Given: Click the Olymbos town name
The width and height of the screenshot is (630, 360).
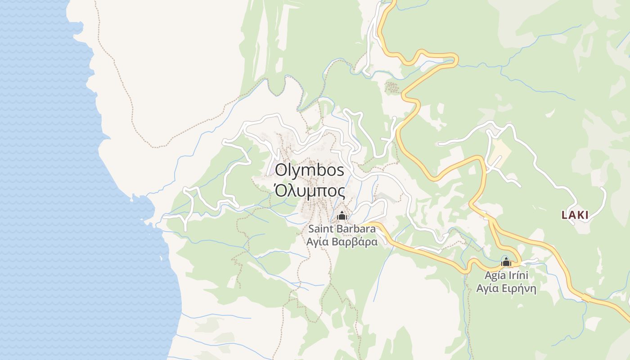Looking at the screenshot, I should coord(309,171).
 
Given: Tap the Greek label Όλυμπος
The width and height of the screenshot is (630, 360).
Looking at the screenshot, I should coord(309,192).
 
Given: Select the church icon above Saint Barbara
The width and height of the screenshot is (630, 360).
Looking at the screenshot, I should coord(342,216).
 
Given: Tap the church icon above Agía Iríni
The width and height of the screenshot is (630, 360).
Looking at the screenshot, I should coord(506,262).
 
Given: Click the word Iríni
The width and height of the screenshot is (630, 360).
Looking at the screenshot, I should coord(517,275).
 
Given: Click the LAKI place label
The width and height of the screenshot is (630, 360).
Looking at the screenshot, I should coord(575,215).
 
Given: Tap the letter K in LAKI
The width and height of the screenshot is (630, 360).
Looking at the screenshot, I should coord(579,215).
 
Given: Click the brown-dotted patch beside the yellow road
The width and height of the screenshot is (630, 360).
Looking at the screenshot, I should coord(392,87).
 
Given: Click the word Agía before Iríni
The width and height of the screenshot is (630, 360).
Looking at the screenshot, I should coord(494,275).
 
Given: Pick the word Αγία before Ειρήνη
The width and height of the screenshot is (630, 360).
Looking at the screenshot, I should coord(486,288).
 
